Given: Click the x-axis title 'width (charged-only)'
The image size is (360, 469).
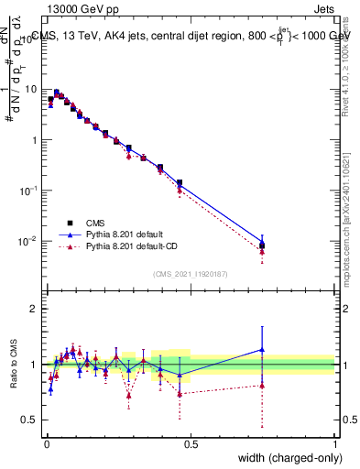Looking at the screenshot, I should (x=285, y=458).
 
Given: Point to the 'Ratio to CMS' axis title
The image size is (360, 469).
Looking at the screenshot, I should (x=15, y=364).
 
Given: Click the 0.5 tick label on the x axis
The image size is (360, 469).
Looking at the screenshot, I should (x=190, y=444).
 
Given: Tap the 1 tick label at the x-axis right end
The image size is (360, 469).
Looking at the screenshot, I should (x=334, y=444).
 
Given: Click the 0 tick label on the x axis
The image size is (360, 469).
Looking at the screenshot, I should (x=46, y=444).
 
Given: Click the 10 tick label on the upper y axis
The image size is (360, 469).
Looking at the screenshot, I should (x=31, y=90).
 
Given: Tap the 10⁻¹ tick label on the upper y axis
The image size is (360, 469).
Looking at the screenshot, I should (x=29, y=191).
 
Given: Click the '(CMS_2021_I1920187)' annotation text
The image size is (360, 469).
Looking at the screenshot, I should (x=190, y=273).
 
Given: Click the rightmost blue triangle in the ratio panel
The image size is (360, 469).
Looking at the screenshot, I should (x=262, y=349).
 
